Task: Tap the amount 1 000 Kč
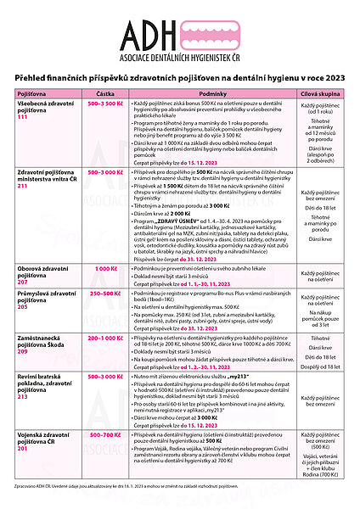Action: click(105, 268)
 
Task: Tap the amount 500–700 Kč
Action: click(105, 434)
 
